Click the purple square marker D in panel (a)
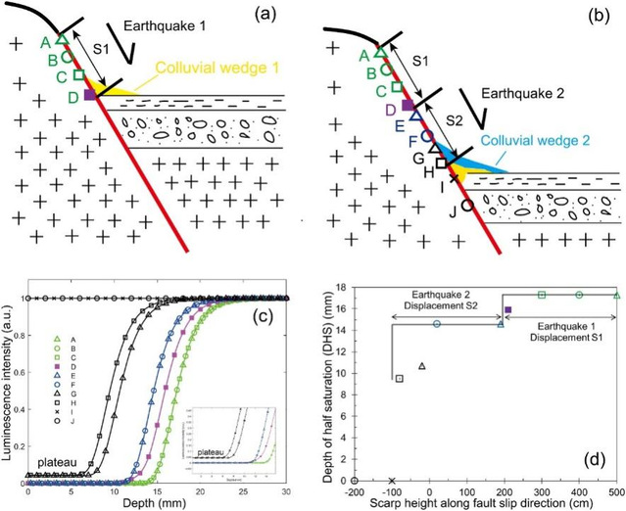(x=89, y=95)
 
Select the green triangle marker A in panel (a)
(x=61, y=39)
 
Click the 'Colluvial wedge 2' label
(x=532, y=140)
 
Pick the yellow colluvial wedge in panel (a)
(x=116, y=91)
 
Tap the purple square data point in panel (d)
(x=507, y=310)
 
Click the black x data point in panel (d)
(x=392, y=480)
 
